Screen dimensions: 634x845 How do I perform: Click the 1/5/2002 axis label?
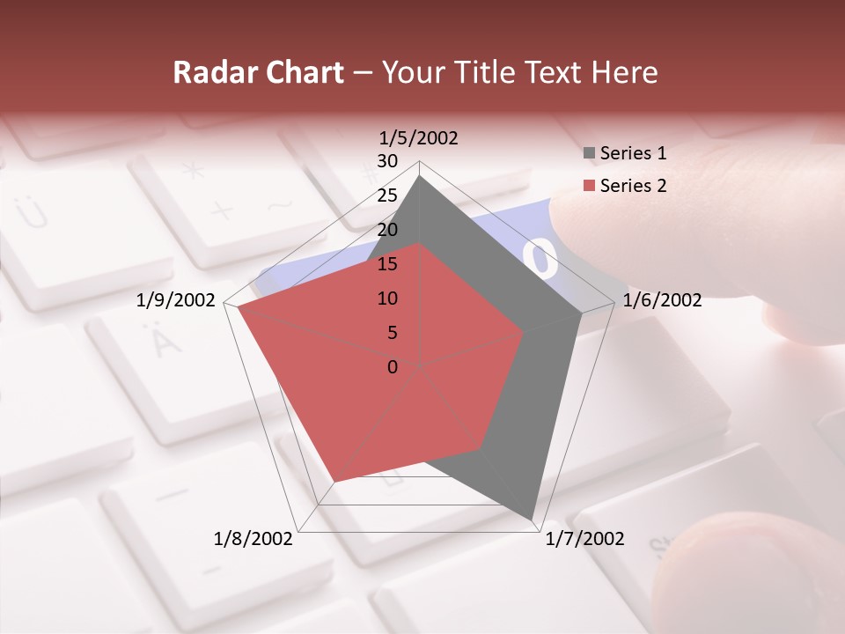tap(419, 137)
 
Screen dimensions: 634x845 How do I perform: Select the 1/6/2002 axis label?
tap(662, 300)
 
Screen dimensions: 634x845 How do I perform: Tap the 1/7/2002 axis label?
tap(584, 538)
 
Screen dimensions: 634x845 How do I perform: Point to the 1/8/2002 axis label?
tap(253, 538)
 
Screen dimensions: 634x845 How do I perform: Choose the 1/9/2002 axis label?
tap(176, 300)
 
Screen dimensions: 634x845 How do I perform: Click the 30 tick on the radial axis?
tap(387, 161)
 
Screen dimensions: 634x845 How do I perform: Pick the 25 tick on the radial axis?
tap(387, 195)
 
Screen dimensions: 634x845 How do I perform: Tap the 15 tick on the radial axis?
tap(387, 264)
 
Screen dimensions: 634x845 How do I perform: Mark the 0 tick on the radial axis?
tap(393, 367)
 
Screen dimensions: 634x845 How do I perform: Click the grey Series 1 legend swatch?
tap(590, 153)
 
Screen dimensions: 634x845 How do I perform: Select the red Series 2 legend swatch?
tap(590, 186)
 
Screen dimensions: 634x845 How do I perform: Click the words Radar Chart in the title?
tap(258, 73)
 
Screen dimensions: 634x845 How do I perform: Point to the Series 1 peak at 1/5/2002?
tap(420, 175)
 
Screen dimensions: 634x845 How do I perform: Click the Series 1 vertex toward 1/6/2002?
tap(582, 313)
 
